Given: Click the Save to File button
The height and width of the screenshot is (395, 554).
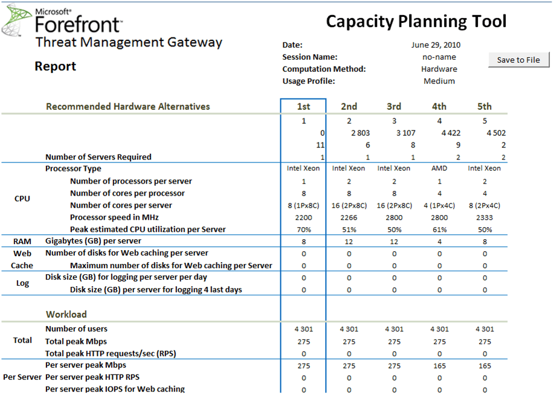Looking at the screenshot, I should click(519, 60).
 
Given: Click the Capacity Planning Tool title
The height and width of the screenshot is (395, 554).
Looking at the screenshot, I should click(416, 22).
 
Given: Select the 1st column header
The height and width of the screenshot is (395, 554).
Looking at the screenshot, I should click(303, 106).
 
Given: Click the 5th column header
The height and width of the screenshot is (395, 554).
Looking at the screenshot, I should click(485, 106).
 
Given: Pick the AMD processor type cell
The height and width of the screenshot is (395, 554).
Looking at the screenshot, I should click(439, 169).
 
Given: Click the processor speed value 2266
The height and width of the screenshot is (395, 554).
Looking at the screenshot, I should click(349, 217).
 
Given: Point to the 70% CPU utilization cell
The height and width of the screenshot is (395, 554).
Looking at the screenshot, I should click(303, 230).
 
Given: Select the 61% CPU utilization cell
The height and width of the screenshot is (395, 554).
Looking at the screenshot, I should click(439, 230).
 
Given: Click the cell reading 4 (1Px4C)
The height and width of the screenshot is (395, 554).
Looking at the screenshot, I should click(439, 205).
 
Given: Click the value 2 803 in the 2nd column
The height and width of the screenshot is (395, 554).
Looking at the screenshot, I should click(360, 133).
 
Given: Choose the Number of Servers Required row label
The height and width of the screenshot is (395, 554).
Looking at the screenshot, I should click(98, 157).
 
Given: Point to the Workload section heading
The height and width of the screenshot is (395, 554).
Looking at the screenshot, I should click(66, 314).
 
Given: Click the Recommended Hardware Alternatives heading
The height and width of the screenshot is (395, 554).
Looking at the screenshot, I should click(128, 106).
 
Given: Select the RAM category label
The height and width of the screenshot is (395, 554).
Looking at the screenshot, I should click(22, 242).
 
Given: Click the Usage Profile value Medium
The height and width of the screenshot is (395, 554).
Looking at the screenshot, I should click(439, 81).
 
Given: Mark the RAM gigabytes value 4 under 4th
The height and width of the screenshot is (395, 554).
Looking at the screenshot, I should click(439, 242).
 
